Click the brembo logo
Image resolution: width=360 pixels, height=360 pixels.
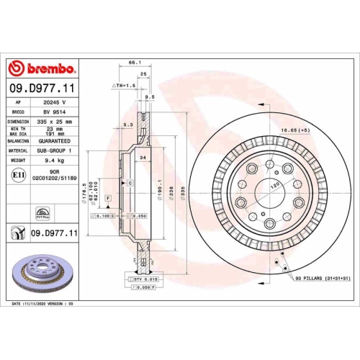tap(41, 69)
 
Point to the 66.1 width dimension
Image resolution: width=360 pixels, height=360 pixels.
tap(133, 63)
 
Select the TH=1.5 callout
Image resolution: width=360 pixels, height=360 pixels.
tap(124, 85)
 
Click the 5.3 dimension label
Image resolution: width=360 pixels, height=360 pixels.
tap(127, 125)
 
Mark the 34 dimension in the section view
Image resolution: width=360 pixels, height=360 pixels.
tap(143, 157)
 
